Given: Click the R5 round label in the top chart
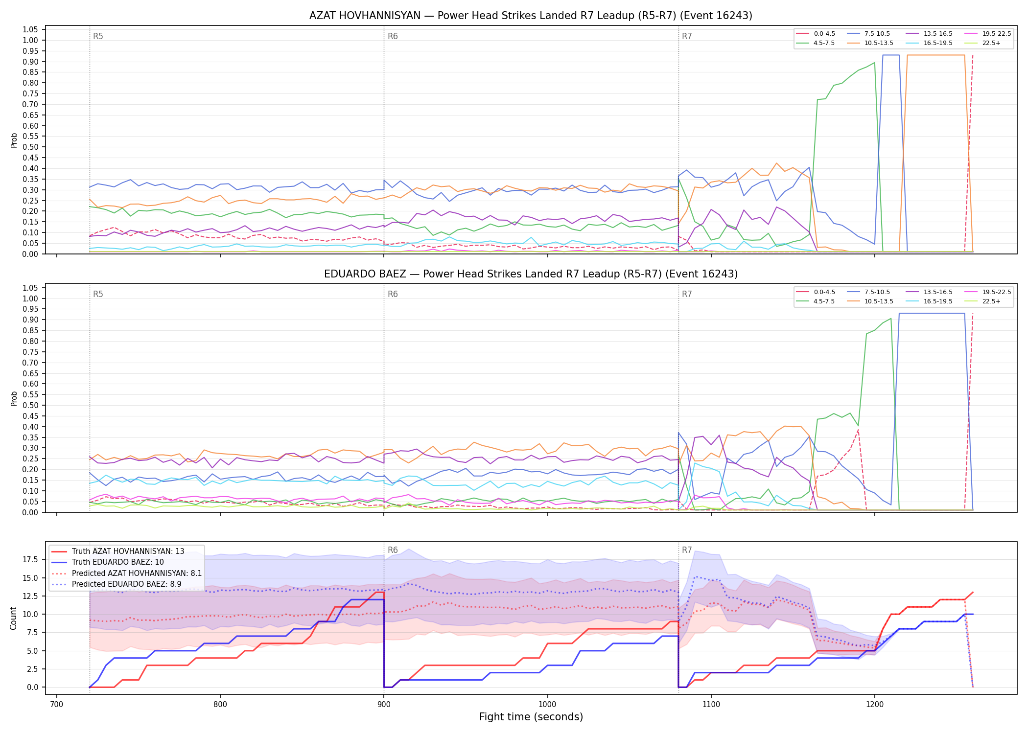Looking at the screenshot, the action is (x=98, y=36).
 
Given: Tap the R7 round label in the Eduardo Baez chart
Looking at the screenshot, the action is (x=687, y=294).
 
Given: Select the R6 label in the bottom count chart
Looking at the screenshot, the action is (x=393, y=550).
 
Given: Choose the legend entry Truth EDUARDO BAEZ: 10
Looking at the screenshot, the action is (x=117, y=562).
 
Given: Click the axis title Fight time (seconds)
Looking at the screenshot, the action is (x=531, y=717).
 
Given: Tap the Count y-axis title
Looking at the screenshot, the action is (x=13, y=618).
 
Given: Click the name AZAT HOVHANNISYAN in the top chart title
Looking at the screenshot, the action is (x=365, y=16).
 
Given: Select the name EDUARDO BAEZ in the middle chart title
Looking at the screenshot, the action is (x=365, y=274).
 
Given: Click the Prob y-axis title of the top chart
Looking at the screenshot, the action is (x=14, y=140).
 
